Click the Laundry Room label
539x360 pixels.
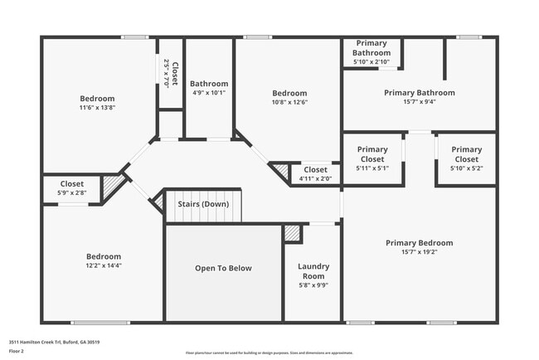(x=313, y=271)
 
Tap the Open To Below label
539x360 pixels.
(x=223, y=268)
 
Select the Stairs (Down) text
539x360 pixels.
(x=204, y=204)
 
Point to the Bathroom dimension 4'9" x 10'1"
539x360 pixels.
(x=208, y=93)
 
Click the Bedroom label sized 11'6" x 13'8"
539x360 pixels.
(x=97, y=98)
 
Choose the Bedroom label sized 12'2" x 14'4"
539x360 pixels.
(x=104, y=256)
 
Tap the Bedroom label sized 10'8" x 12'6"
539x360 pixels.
(x=289, y=93)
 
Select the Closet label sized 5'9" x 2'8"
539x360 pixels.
(x=72, y=184)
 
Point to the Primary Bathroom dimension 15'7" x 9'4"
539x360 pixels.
(x=419, y=103)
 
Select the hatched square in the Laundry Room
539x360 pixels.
(x=292, y=234)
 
